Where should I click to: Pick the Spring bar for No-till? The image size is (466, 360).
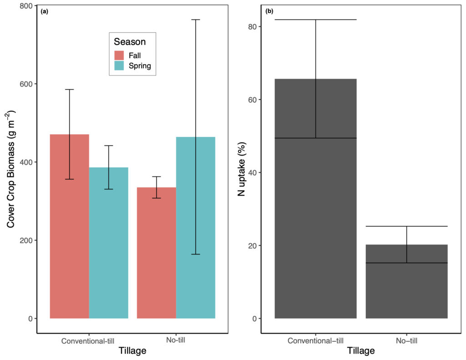196,228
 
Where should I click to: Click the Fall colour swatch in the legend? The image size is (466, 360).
119,55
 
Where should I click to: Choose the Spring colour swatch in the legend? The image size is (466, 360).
119,66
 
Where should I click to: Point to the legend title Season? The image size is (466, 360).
130,42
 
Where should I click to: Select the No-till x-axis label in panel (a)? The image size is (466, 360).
176,340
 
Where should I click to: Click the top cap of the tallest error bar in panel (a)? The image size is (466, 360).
196,20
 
